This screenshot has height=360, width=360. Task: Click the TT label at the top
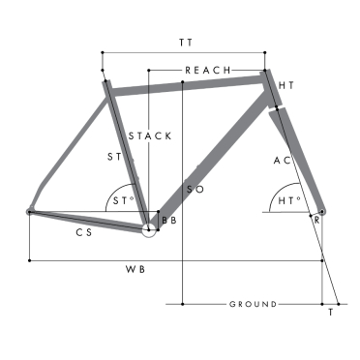tap(184, 43)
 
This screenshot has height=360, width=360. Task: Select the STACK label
tap(150, 135)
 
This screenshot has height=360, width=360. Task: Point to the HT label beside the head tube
tap(285, 87)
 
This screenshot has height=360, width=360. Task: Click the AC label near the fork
tap(283, 160)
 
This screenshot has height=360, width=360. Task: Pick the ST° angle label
tap(121, 201)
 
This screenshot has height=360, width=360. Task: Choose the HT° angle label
tap(286, 201)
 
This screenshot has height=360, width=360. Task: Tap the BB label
tap(169, 222)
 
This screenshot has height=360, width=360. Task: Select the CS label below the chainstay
tap(83, 234)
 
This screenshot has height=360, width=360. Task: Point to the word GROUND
tap(253, 304)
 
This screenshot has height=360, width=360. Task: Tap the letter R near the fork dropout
tap(315, 221)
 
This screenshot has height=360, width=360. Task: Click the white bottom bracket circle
tap(149, 229)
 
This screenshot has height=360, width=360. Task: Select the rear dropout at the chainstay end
tap(30, 211)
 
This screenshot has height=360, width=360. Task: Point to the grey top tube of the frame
tap(184, 86)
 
